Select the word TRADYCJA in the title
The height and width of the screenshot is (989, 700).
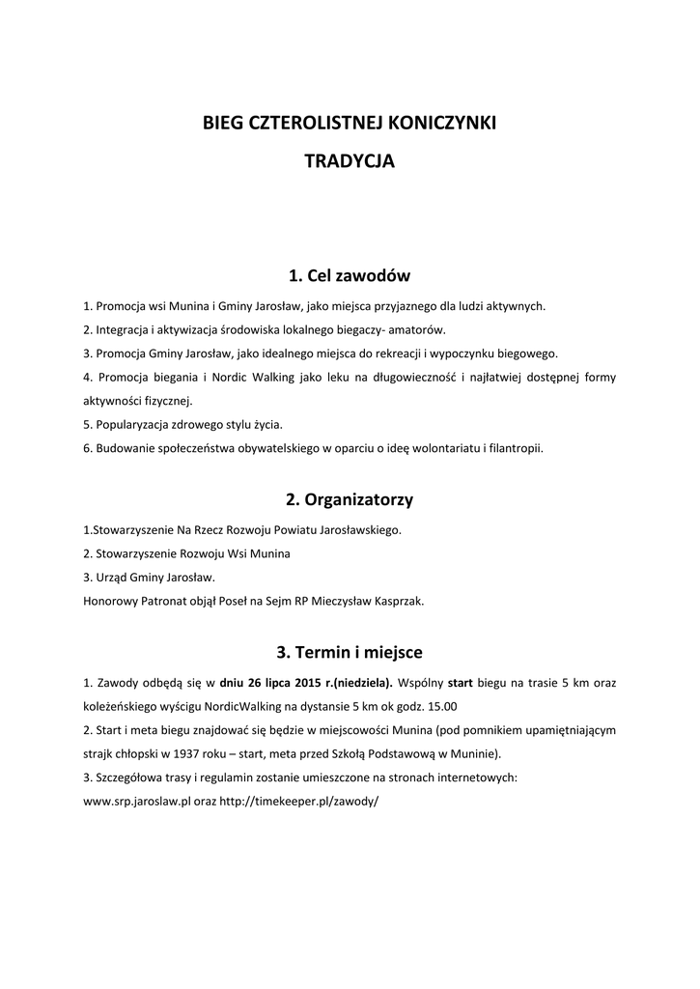pyautogui.click(x=350, y=162)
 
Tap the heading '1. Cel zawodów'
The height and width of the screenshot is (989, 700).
pyautogui.click(x=350, y=276)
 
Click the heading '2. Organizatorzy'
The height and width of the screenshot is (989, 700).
pyautogui.click(x=350, y=499)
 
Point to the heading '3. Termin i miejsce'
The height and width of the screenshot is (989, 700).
pyautogui.click(x=350, y=652)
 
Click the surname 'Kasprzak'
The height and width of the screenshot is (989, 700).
pyautogui.click(x=396, y=601)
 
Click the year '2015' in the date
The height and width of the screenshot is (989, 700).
pyautogui.click(x=309, y=683)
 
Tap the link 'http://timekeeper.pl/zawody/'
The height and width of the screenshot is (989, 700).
pyautogui.click(x=299, y=801)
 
